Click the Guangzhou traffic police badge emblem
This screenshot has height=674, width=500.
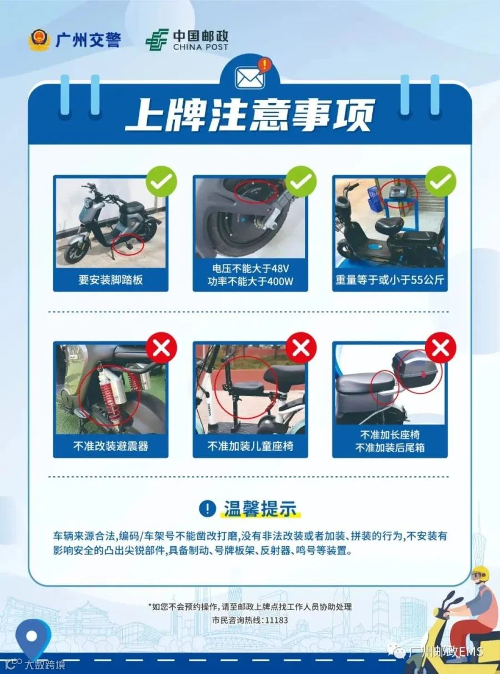click(x=39, y=39)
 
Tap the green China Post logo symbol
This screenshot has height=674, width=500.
click(x=157, y=39)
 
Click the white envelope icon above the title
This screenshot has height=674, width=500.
click(x=250, y=78)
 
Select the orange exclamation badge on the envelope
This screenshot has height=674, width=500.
click(x=265, y=64)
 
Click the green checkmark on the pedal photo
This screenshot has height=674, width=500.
click(x=161, y=181)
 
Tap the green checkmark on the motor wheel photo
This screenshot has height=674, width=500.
click(x=301, y=181)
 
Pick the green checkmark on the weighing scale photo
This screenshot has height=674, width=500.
click(x=441, y=181)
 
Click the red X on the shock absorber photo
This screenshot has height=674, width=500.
click(x=161, y=347)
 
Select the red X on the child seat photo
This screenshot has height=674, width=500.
click(x=301, y=347)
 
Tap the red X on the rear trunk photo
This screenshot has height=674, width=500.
click(x=441, y=347)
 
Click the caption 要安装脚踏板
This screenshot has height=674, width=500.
click(x=111, y=279)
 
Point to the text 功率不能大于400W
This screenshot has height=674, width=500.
click(x=250, y=281)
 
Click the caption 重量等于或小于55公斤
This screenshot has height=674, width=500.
click(x=389, y=279)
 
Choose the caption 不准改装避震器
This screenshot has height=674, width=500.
click(x=111, y=446)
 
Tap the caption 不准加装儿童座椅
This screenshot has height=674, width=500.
click(x=250, y=446)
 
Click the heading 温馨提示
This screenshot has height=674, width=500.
click(x=260, y=508)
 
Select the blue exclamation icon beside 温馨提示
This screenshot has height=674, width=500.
click(x=208, y=508)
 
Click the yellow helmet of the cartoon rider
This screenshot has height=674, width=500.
click(x=481, y=573)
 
